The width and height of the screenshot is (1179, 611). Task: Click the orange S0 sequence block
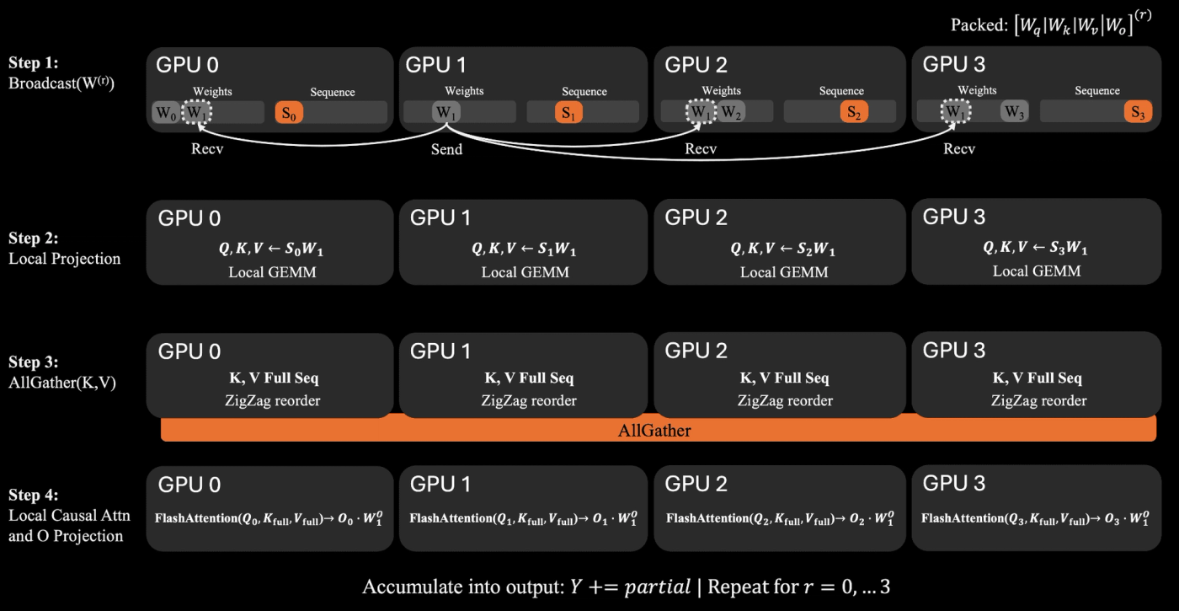click(289, 113)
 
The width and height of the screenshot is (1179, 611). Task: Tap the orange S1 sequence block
click(568, 112)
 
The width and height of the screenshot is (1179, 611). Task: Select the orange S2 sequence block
click(854, 111)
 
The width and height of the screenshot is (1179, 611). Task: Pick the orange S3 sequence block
click(1138, 111)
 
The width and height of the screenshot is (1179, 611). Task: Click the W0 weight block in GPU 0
click(166, 113)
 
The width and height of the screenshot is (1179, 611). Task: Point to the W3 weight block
click(1014, 111)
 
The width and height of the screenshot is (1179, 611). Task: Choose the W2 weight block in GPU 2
click(731, 111)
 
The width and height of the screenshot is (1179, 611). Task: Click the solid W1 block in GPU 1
click(446, 112)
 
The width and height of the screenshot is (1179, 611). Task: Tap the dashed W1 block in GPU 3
click(955, 111)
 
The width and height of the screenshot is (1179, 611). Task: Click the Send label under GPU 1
click(447, 150)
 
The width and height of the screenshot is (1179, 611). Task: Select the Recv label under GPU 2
click(701, 149)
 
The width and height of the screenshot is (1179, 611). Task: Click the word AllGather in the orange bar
click(654, 431)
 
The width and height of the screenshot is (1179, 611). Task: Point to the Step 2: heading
click(33, 238)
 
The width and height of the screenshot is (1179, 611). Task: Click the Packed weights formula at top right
click(1051, 24)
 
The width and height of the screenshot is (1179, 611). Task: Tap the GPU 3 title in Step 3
click(953, 351)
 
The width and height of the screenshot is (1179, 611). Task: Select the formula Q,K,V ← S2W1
click(782, 248)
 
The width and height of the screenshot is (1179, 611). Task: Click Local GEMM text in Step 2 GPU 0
click(272, 272)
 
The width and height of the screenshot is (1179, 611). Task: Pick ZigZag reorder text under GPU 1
click(529, 401)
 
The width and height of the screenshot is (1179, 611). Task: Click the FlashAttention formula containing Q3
click(1035, 518)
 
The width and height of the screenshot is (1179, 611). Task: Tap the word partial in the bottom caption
click(658, 587)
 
